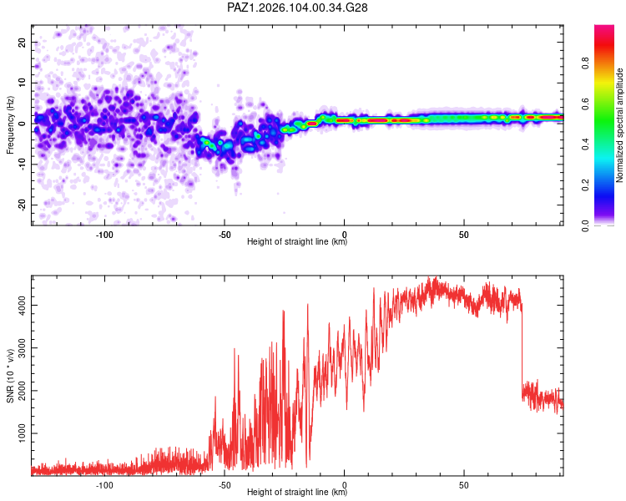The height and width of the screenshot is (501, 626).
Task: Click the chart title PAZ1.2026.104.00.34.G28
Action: click(x=297, y=8)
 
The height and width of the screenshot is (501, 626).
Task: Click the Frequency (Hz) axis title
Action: click(x=10, y=125)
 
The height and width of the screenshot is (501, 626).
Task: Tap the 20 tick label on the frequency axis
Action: click(x=22, y=42)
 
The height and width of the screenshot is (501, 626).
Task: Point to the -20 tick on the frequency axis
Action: click(x=22, y=205)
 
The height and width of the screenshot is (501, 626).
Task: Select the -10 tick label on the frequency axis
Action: click(x=22, y=164)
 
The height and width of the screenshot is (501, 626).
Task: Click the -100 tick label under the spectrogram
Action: click(x=104, y=235)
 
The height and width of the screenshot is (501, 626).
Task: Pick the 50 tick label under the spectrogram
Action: click(x=463, y=235)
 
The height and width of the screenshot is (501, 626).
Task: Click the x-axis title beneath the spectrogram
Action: click(x=297, y=241)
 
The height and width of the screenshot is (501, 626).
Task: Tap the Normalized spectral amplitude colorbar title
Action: click(x=619, y=125)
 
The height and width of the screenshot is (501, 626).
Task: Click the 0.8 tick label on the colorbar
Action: click(x=585, y=63)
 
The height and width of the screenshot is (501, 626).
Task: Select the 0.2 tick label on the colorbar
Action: click(x=585, y=185)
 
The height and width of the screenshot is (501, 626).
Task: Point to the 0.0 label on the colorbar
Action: click(x=585, y=225)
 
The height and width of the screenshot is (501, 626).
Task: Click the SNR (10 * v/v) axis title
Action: click(x=10, y=376)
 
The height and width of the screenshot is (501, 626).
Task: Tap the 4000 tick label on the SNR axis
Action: click(x=22, y=306)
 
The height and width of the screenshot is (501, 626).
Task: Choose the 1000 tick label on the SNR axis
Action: click(x=22, y=433)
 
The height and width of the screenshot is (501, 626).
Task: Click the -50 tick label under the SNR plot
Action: click(x=225, y=485)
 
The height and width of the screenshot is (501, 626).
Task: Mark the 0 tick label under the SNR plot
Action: click(x=344, y=485)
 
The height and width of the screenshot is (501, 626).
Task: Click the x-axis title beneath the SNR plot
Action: click(x=297, y=492)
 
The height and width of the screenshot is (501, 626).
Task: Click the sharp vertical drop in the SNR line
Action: click(x=522, y=347)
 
